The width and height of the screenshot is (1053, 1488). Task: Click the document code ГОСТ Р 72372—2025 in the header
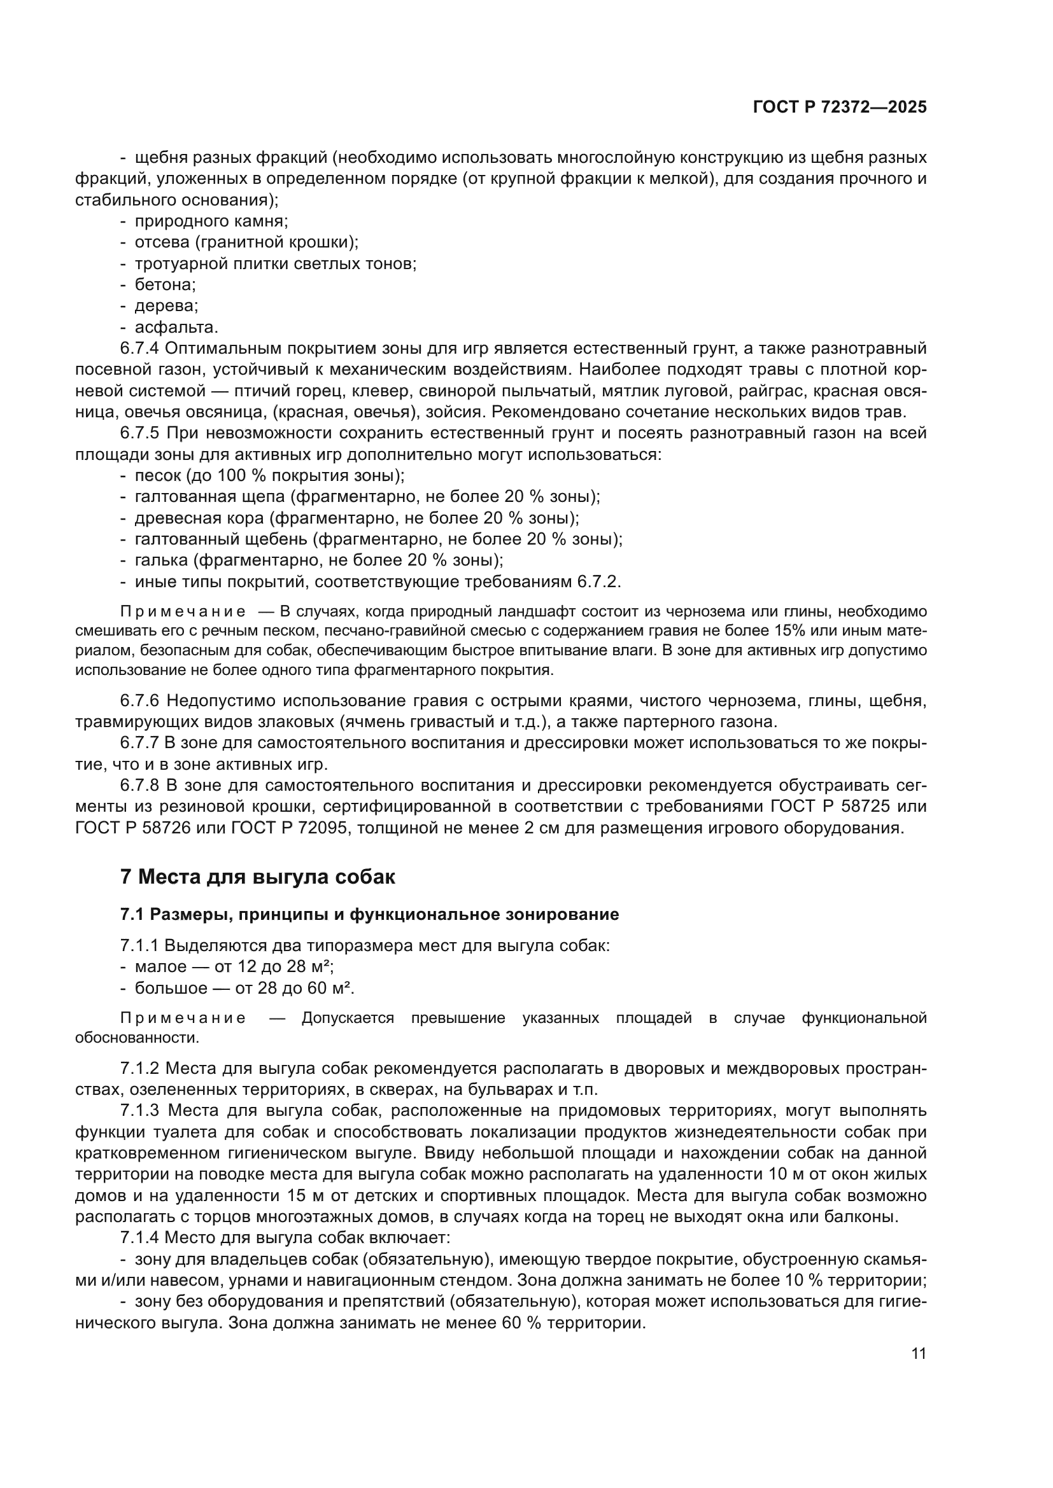pos(840,108)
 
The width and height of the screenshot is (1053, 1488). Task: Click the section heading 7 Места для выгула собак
pos(257,877)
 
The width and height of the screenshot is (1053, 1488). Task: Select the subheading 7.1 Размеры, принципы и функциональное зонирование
pos(369,914)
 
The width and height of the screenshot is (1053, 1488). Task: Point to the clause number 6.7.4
pos(139,349)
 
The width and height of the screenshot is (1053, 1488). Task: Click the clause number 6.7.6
pos(139,700)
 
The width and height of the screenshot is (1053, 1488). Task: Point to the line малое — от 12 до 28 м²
pos(234,967)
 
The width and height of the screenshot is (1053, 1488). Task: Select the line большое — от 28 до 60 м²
pos(244,989)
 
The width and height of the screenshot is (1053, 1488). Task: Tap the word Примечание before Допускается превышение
pos(183,1018)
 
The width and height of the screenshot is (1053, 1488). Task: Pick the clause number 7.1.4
pos(139,1238)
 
